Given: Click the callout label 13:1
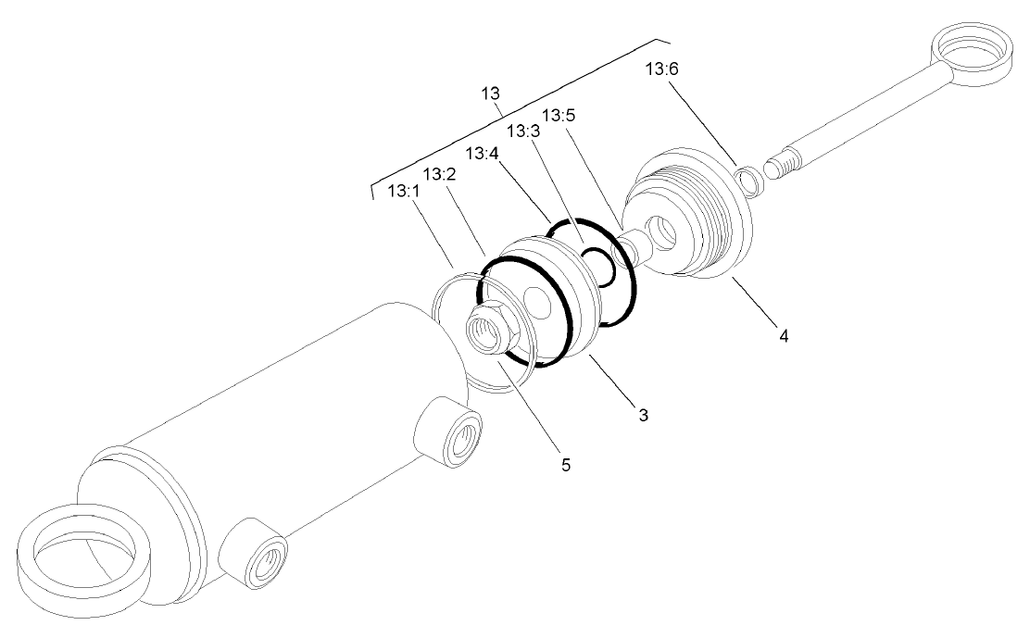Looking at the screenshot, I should pos(403,192).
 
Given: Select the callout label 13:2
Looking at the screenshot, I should pos(439,174).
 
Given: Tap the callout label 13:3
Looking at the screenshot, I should pos(523,134).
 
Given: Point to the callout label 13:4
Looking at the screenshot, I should pos(484,153).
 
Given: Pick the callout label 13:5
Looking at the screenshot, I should pos(559,116).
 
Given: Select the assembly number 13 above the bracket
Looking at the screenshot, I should pos(491,94).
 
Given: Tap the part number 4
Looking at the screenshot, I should pos(784,335).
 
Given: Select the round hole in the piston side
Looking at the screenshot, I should pos(534,302).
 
